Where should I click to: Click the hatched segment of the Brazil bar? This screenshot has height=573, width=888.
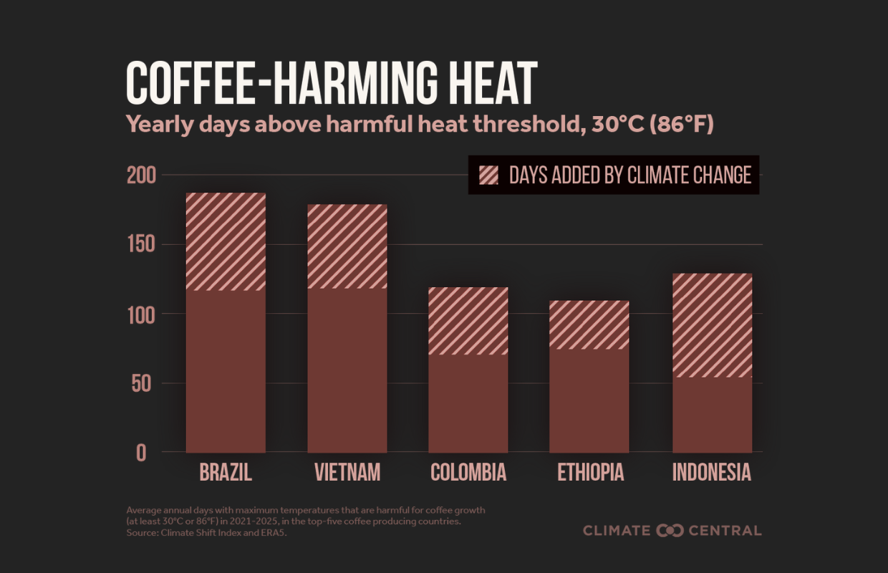(226, 241)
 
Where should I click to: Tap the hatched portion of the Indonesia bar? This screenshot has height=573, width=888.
(712, 325)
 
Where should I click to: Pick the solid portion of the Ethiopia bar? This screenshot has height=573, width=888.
(589, 400)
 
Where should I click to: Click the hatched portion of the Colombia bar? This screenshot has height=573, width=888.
(468, 321)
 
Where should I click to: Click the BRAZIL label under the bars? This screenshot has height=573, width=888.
(226, 473)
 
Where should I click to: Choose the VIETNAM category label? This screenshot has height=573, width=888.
(347, 473)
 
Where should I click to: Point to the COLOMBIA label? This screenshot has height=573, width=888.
(468, 473)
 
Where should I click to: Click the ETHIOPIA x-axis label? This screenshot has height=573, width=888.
(590, 473)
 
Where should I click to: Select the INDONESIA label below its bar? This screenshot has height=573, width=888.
(712, 473)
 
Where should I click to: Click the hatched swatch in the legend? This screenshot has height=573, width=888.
(488, 175)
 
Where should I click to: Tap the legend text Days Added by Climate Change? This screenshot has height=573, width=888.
(629, 175)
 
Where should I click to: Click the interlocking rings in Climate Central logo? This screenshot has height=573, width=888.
(670, 531)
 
